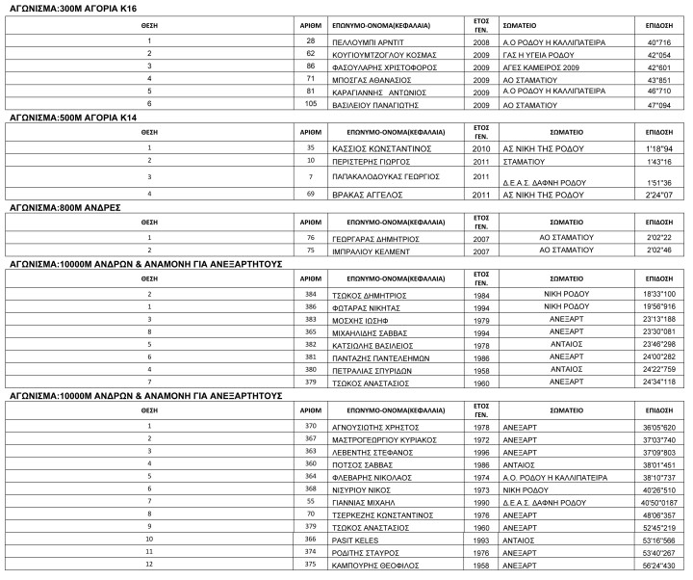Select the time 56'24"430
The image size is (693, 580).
[659, 566]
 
